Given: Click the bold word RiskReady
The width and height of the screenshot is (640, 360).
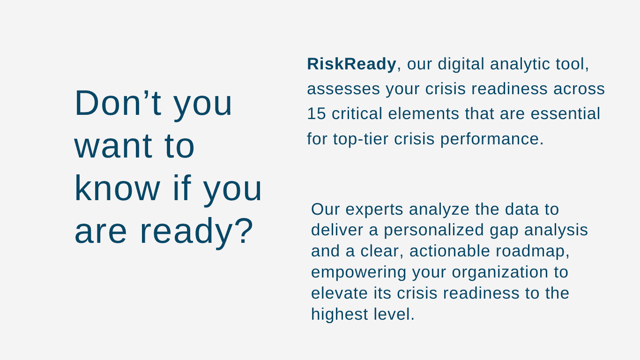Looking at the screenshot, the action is (351, 63).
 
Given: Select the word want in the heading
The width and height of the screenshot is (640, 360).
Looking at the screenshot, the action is (113, 146).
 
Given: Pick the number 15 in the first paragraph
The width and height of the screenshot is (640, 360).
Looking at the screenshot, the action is (316, 113).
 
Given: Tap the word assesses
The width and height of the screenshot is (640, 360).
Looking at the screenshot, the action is (343, 89).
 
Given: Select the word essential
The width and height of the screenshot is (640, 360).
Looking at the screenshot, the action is (565, 113).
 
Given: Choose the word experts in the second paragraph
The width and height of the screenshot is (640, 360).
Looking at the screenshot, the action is (374, 210).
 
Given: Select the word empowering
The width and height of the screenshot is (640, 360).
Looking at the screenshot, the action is (358, 272).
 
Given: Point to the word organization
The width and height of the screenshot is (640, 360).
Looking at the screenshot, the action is (500, 272).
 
